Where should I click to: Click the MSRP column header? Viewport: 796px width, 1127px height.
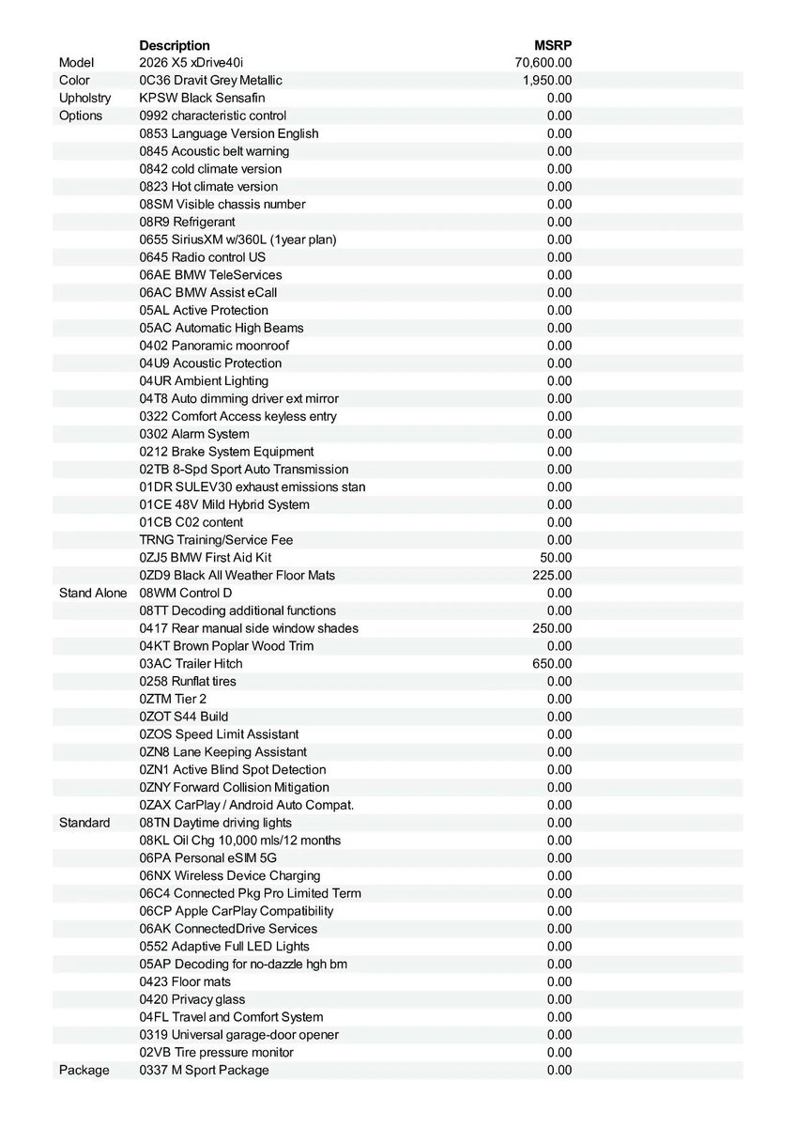553,45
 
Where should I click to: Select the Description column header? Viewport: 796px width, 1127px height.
175,45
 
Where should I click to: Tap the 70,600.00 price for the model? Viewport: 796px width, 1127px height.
543,63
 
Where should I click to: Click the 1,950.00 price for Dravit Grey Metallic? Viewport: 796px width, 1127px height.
547,81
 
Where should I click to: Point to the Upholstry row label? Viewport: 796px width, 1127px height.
84,98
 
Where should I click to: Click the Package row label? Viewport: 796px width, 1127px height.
84,1070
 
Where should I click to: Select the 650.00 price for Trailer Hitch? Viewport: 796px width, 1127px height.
552,663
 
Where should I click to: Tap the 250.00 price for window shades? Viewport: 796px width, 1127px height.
552,628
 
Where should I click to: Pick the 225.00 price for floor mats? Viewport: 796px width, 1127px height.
552,575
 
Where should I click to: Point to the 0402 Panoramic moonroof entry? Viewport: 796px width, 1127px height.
214,346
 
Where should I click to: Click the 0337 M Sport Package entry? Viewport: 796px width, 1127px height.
204,1070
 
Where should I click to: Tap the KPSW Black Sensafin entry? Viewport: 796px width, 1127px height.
202,98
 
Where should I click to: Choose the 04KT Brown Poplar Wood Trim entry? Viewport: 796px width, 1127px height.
226,646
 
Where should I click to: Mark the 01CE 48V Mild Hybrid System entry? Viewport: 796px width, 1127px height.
224,504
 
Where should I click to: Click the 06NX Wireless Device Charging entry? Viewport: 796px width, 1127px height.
230,875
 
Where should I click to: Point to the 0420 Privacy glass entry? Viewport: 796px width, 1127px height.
192,999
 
